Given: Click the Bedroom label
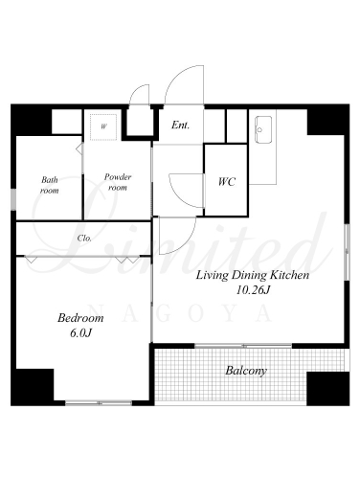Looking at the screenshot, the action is point(80,318).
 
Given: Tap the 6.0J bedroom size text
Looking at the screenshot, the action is point(80,333).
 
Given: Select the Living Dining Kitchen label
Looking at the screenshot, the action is point(253,275).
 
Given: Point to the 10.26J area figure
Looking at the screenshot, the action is point(253,290).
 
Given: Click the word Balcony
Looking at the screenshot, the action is point(246,371).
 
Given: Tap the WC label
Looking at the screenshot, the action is point(227,182).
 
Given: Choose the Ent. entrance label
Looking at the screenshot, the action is point(180,125).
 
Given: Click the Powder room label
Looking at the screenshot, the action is point(118,182).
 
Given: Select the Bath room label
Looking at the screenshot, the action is point(50,185).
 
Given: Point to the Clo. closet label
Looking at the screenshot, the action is point(84,239).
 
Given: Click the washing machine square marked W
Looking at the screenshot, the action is point(103,126).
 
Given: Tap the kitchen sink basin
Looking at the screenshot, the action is point(263,129).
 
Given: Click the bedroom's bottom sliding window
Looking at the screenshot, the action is point(99,403).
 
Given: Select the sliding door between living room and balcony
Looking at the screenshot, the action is point(243,346).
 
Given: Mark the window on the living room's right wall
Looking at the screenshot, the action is point(348,252).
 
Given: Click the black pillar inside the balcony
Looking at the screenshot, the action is point(328,389).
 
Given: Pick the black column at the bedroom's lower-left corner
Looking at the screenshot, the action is point(33,387).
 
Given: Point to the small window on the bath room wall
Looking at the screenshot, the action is point(13,199).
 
